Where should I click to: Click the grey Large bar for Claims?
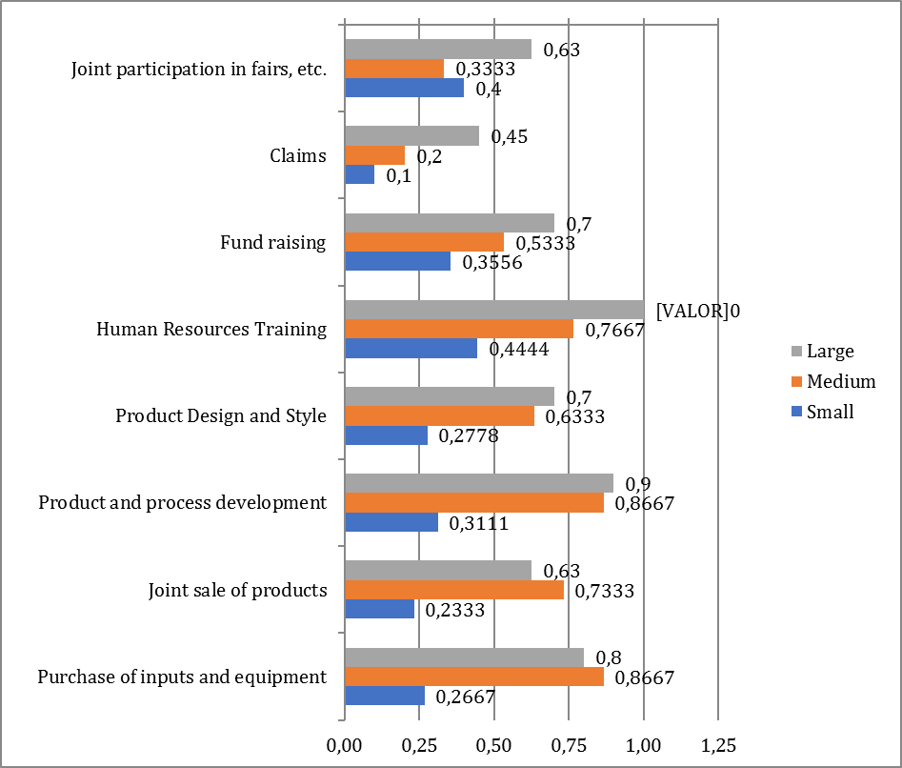coord(411,136)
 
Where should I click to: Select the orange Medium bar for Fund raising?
coord(423,242)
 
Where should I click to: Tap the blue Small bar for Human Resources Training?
coord(410,349)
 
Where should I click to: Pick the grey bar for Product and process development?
coord(478,483)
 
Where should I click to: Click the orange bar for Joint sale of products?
coord(453,590)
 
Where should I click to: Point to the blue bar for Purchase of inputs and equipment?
coord(384,697)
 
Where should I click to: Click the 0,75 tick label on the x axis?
coord(568,743)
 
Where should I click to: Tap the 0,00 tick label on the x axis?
coord(344,743)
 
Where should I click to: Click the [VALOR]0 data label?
coord(698,311)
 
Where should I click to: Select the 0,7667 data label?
coord(613,330)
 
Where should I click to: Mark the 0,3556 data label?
coord(491,263)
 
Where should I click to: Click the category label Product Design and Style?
coord(220,416)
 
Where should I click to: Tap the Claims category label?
coord(298,155)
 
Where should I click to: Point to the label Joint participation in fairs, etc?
coord(199,70)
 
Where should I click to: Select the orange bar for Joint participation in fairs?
coord(393,69)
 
